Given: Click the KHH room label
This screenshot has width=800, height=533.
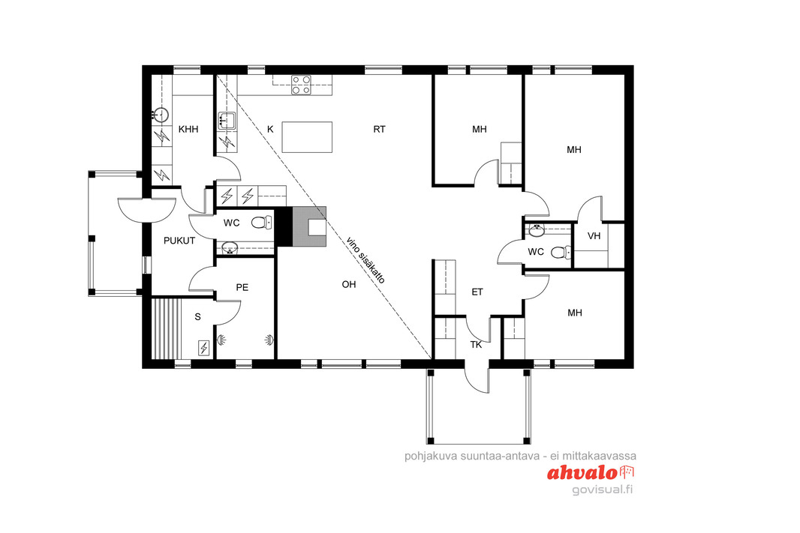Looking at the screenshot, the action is point(188,130).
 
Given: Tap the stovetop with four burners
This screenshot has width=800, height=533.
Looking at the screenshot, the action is point(302,85).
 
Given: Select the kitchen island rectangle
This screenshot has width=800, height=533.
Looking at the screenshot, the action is point(307,137).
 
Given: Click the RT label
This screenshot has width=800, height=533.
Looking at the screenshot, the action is point(379,130).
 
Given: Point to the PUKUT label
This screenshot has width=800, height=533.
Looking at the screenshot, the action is point(179,241).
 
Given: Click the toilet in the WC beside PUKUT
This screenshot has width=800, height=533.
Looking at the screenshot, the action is point(262,222).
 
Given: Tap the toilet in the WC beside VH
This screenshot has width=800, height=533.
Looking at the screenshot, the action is point(561,252).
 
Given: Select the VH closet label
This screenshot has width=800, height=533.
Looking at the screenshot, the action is point(594,236).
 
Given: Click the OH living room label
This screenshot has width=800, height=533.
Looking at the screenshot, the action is point(349,284).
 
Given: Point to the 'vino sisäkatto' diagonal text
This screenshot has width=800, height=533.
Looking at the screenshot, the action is point(365,260).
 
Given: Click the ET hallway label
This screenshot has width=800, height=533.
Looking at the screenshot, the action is point(477,292).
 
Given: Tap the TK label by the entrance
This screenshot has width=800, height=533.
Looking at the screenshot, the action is point(476,345).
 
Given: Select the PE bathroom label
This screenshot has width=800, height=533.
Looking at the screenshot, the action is point(242,287).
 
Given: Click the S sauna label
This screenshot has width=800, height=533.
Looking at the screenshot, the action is point(198,317).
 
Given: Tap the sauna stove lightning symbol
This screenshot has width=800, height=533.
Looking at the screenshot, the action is point(203,348).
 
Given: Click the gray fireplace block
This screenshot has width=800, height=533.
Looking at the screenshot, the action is point(309,226).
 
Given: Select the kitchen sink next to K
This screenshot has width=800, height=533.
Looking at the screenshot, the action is point(227,121).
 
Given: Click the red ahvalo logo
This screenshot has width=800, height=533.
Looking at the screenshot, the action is point(591,473).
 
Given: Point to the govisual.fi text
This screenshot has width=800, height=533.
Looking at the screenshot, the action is point(603,490).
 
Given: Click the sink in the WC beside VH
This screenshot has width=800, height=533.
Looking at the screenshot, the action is point(537,231).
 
